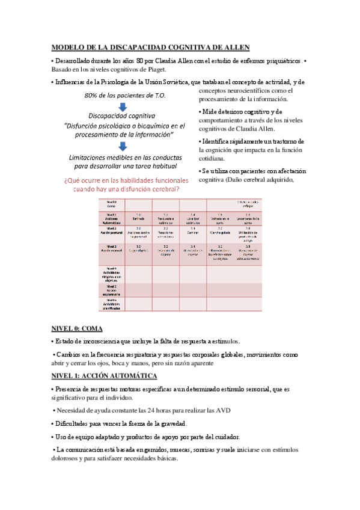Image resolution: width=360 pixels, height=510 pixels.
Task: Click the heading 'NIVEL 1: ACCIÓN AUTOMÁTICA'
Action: pyautogui.click(x=103, y=376)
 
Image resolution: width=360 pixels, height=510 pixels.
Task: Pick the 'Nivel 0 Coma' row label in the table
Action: pyautogui.click(x=111, y=204)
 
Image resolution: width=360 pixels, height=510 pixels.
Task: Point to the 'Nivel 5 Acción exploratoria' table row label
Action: pyautogui.click(x=111, y=289)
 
